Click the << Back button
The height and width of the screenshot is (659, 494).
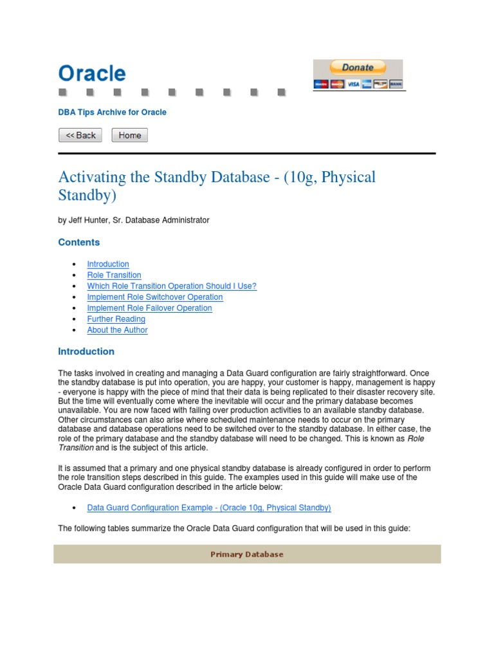point(80,135)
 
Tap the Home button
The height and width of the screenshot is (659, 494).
point(129,135)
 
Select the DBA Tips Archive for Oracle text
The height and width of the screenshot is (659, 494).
point(112,112)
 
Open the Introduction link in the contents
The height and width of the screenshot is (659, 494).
point(108,264)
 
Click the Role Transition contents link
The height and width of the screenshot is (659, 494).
point(114,275)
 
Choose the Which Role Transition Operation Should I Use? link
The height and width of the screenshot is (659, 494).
point(172,286)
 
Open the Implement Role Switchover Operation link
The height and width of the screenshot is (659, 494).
point(155,297)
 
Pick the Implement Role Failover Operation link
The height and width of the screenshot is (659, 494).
point(149,308)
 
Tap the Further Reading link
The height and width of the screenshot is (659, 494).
point(116,319)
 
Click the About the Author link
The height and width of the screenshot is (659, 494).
point(117,329)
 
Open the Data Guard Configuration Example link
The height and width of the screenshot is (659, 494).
point(208,508)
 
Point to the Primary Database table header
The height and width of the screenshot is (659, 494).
point(247,554)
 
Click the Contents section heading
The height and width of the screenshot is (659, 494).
point(79,242)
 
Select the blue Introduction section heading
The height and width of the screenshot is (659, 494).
point(86,351)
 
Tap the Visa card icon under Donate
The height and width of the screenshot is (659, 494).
point(353,84)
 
